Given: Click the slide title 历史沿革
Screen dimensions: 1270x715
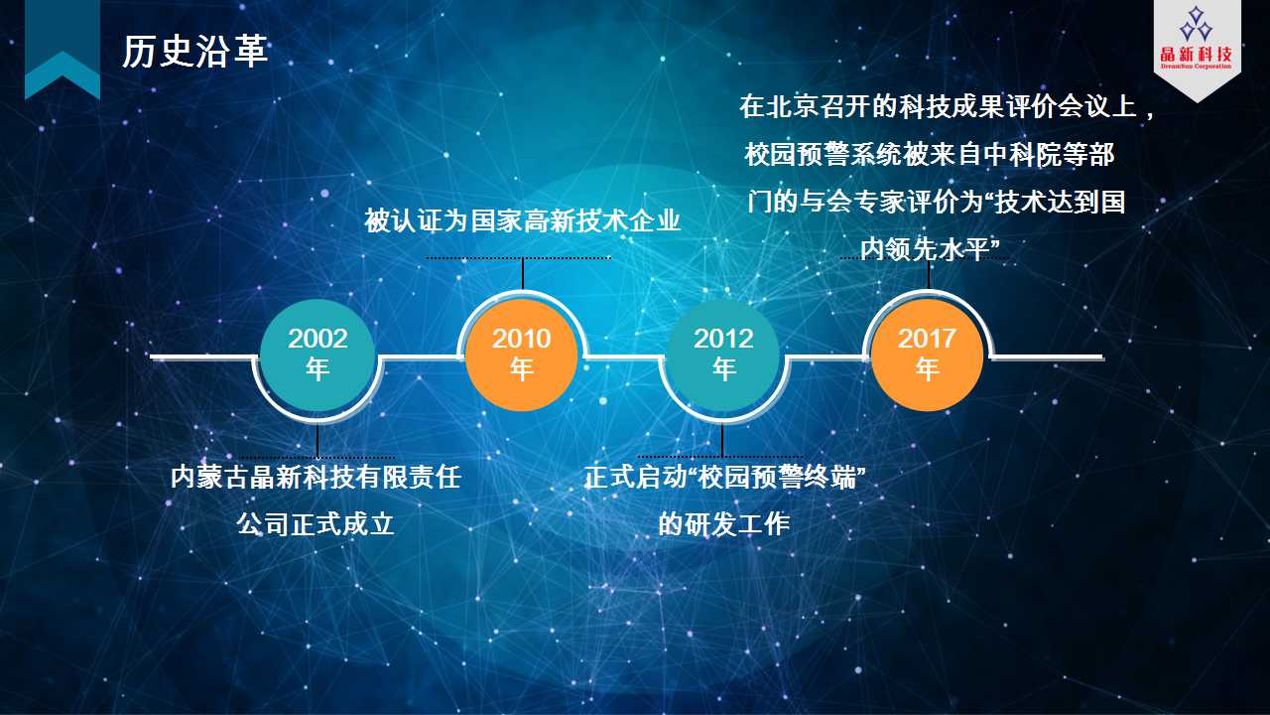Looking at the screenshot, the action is pyautogui.click(x=194, y=51).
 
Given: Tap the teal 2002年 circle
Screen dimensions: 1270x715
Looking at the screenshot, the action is pyautogui.click(x=317, y=356).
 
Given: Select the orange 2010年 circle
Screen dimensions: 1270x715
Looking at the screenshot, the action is pyautogui.click(x=522, y=356).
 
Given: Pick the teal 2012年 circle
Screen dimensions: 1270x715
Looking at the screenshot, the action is pyautogui.click(x=723, y=356).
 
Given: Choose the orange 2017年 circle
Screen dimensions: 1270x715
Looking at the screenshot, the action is pyautogui.click(x=927, y=356).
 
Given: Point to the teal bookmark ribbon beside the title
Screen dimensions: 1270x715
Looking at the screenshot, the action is pyautogui.click(x=63, y=50).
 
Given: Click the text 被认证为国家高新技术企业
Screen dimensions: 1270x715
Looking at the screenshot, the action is pyautogui.click(x=522, y=220).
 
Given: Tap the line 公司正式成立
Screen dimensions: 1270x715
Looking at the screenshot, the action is pyautogui.click(x=316, y=523).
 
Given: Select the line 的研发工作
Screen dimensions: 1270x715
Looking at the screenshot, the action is pyautogui.click(x=724, y=523).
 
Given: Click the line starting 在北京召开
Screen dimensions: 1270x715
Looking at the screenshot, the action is pyautogui.click(x=947, y=106).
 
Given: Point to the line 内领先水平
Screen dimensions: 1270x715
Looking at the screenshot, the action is pyautogui.click(x=930, y=249).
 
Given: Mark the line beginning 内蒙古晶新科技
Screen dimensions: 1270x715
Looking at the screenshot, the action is pyautogui.click(x=316, y=478).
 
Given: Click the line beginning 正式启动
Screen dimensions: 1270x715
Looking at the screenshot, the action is pyautogui.click(x=724, y=478).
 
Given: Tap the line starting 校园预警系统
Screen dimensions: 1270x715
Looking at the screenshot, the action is pyautogui.click(x=930, y=154).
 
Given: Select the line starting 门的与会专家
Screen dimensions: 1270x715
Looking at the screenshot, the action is pyautogui.click(x=936, y=202).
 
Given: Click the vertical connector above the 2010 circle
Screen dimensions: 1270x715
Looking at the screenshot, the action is pyautogui.click(x=522, y=274).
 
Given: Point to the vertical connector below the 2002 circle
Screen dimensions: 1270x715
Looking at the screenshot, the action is pyautogui.click(x=317, y=440).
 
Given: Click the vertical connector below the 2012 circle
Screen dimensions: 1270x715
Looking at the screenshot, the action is pyautogui.click(x=722, y=440).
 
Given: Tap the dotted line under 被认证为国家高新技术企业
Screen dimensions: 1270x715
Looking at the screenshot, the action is pyautogui.click(x=519, y=258).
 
